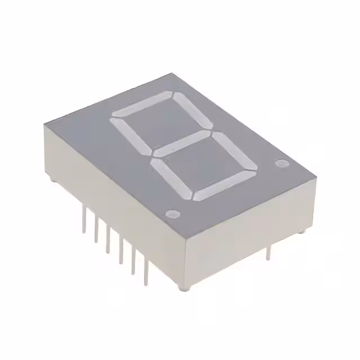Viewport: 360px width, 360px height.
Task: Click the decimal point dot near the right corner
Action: tap(281, 164)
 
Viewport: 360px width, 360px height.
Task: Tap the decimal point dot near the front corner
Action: tap(173, 214)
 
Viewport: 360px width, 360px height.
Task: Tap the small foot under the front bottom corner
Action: tap(182, 288)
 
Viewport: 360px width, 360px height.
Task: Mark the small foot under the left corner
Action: tap(52, 181)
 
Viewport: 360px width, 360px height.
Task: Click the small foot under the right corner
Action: tap(302, 231)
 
